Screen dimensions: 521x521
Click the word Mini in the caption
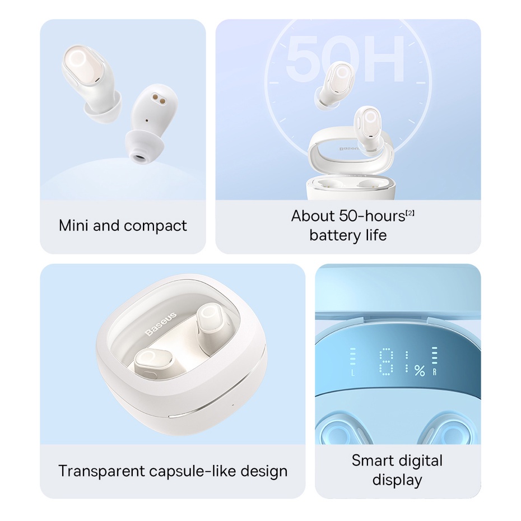pyautogui.click(x=73, y=226)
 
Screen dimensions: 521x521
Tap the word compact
pyautogui.click(x=156, y=226)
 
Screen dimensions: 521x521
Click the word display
pyautogui.click(x=397, y=480)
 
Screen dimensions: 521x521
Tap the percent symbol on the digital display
pyautogui.click(x=419, y=370)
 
